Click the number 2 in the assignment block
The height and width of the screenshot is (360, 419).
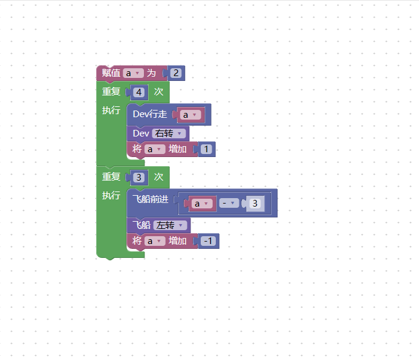point(176,73)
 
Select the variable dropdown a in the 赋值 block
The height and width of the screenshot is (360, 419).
point(134,73)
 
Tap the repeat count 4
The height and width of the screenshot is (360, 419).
point(138,92)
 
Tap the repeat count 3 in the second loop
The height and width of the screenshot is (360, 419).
point(138,178)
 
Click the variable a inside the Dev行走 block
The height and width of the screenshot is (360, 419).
point(190,115)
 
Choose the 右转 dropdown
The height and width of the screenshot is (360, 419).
point(169,133)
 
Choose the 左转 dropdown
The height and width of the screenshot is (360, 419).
point(170,225)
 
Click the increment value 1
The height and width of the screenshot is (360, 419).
point(206,149)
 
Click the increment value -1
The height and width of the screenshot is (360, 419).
point(208,241)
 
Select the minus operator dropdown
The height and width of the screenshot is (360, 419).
point(229,203)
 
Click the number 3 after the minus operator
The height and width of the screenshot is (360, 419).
point(255,204)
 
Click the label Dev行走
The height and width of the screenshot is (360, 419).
point(150,114)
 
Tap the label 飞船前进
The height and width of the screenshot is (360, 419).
point(151,199)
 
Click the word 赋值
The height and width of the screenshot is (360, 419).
point(111,73)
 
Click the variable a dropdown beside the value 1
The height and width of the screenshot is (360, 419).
point(155,149)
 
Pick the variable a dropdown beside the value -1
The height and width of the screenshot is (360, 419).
point(155,241)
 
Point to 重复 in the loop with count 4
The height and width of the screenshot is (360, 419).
point(111,92)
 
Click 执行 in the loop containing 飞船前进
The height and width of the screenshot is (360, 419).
point(111,195)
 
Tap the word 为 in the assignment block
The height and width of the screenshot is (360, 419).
point(151,73)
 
